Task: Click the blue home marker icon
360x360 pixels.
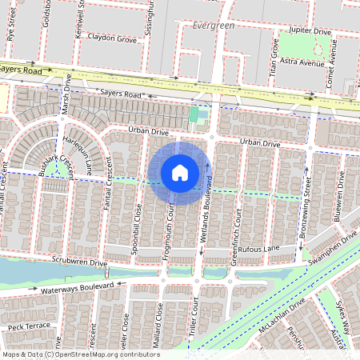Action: point(180,173)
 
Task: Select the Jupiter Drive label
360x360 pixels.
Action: point(311,30)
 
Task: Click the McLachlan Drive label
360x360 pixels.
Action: point(286,318)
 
